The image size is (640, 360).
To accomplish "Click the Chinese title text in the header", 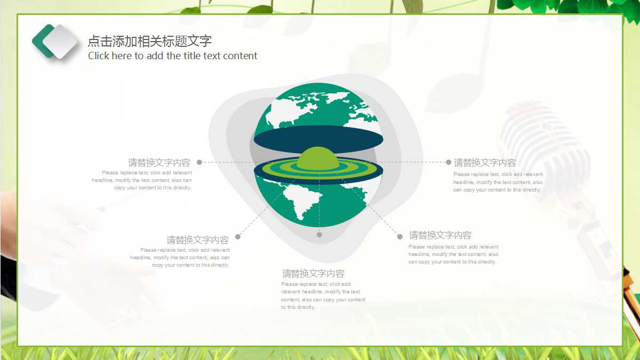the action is [150, 41].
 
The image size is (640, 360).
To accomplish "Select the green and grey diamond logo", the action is [54, 42].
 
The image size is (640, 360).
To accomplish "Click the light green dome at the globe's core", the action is [318, 158].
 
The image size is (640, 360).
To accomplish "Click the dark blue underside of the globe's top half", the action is [318, 139].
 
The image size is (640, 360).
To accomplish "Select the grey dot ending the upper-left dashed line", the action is [199, 162].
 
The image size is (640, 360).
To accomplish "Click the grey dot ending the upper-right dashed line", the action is [449, 162].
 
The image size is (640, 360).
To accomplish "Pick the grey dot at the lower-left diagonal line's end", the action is [238, 237].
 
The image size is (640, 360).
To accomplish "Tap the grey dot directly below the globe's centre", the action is [319, 235].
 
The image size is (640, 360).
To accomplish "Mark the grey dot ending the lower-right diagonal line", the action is [400, 237].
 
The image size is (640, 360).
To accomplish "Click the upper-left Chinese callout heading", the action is [159, 163].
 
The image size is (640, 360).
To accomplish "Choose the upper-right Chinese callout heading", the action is [485, 163].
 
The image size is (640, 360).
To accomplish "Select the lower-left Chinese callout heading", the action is [197, 239].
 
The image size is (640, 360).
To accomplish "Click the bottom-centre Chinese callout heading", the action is [313, 274].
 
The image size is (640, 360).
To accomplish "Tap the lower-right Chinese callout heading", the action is [440, 235].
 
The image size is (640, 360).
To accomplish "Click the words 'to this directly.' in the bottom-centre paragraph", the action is [298, 307].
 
